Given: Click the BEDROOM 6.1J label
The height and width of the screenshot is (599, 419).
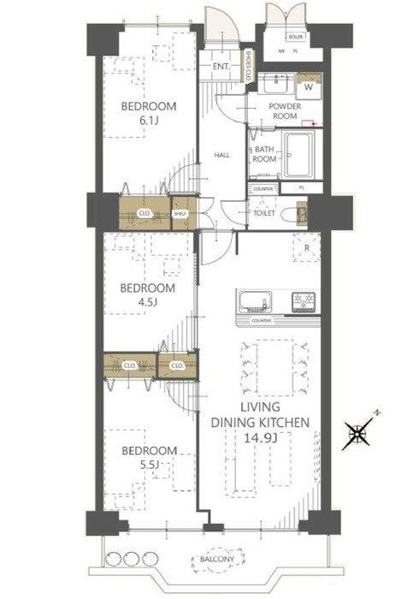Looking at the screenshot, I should [x=148, y=113].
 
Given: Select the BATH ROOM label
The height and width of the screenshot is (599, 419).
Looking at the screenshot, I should [x=263, y=154].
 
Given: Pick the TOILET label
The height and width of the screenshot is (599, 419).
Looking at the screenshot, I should [x=263, y=214].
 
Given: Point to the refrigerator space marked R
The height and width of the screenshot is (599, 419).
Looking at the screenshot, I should [x=306, y=249].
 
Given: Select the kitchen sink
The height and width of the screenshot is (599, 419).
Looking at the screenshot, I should [x=254, y=302].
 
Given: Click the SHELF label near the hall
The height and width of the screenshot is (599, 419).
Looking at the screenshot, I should [x=180, y=214].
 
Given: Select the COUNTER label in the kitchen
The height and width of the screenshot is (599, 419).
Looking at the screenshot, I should [x=261, y=321].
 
